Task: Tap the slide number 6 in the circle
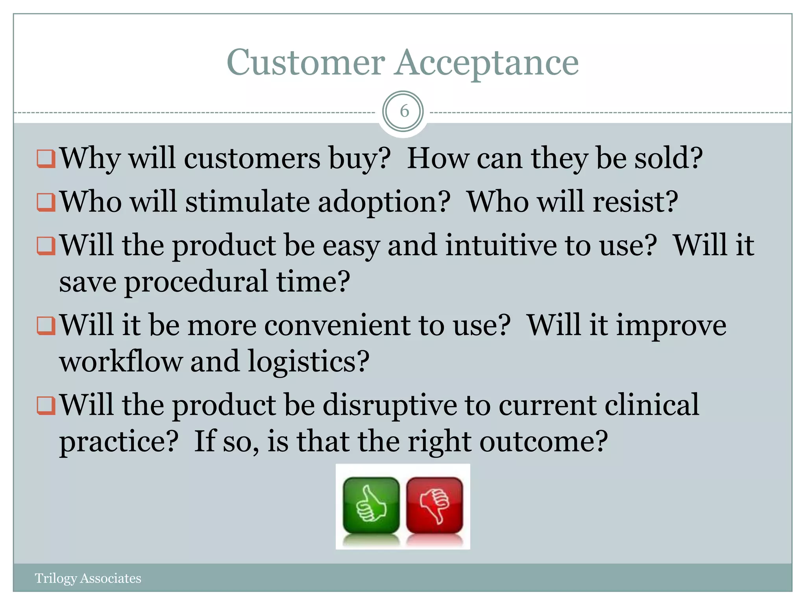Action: click(403, 111)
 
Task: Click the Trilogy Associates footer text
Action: click(88, 578)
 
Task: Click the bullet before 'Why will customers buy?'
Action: click(46, 159)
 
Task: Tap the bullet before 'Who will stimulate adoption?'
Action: click(46, 202)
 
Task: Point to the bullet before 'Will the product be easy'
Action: click(46, 246)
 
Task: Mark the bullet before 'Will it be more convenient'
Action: click(46, 326)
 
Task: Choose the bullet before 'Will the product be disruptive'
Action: click(46, 406)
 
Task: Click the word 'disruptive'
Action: click(390, 405)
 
